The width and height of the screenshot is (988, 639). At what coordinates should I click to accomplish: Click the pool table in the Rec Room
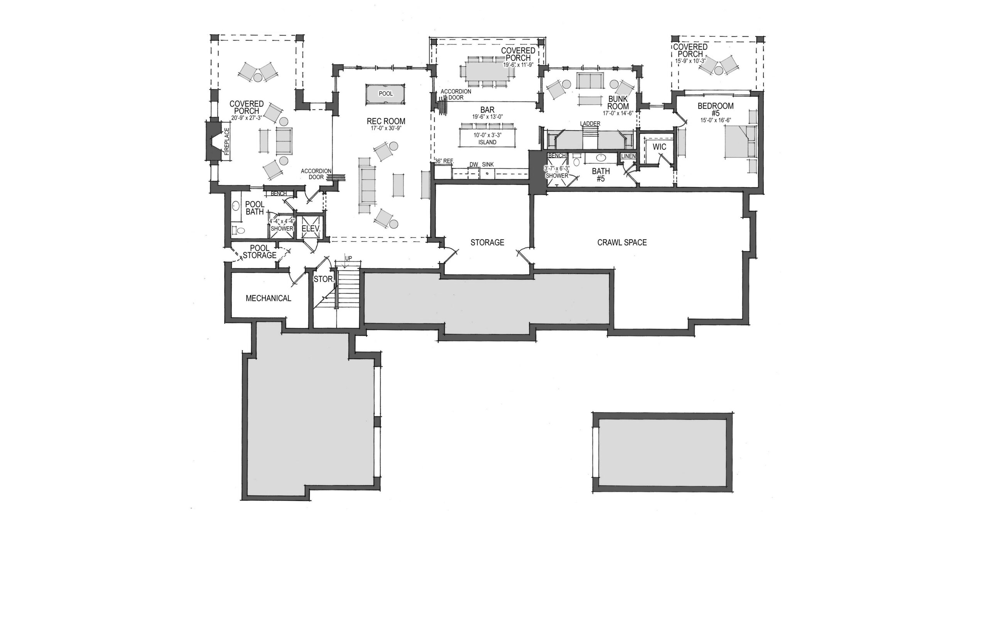(x=386, y=94)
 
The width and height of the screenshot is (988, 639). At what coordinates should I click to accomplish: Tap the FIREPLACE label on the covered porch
(x=227, y=142)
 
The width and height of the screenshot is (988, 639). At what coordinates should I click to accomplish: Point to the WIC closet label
(x=659, y=147)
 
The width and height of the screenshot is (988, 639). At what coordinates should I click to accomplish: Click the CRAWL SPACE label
(x=622, y=242)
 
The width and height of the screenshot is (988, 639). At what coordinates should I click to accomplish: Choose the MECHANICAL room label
(x=269, y=298)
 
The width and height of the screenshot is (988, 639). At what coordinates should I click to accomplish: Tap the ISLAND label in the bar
(x=487, y=142)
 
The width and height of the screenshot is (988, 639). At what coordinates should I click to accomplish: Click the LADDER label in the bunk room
(x=590, y=123)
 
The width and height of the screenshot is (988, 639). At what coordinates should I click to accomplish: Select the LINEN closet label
(x=629, y=156)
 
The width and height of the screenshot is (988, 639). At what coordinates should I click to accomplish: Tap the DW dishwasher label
(x=474, y=165)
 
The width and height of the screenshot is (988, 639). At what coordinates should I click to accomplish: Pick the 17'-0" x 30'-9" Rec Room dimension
(x=386, y=128)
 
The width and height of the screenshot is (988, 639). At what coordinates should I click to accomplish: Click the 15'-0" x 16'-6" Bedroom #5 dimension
(x=716, y=120)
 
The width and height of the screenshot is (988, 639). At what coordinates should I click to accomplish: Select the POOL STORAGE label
(x=260, y=252)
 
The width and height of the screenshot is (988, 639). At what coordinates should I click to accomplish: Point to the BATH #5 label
(x=601, y=175)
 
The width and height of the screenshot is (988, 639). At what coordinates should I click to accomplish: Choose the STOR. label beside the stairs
(x=324, y=279)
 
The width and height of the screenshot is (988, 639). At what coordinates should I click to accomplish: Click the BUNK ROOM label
(x=618, y=103)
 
